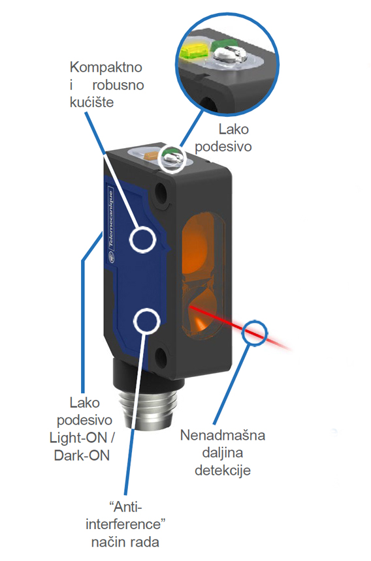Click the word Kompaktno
pyautogui.click(x=106, y=68)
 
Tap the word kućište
pyautogui.click(x=91, y=102)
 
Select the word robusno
pyautogui.click(x=118, y=85)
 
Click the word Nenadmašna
pyautogui.click(x=222, y=435)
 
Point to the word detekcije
pyautogui.click(x=222, y=470)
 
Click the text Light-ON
pyautogui.click(x=78, y=438)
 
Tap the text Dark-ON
pyautogui.click(x=82, y=455)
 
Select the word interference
pyautogui.click(x=123, y=524)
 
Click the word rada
pyautogui.click(x=144, y=542)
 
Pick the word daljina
pyautogui.click(x=222, y=453)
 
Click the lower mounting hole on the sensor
pyautogui.click(x=161, y=356)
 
